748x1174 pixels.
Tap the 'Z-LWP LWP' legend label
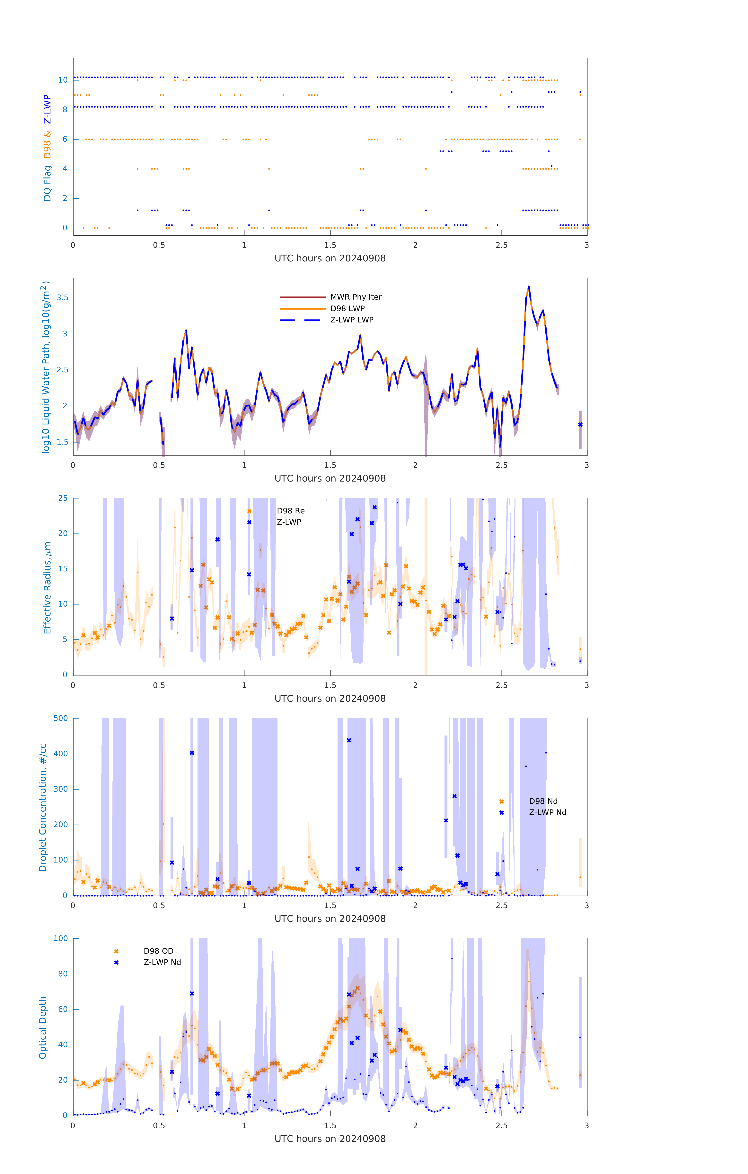(x=352, y=320)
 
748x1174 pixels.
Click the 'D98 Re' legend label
(x=290, y=511)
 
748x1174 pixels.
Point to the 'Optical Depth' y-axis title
(x=43, y=1027)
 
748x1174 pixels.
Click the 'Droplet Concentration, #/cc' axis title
(x=43, y=807)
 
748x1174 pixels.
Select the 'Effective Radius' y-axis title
(x=47, y=587)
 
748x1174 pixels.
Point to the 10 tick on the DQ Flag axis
(x=63, y=80)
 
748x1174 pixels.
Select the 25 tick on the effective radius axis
(x=63, y=498)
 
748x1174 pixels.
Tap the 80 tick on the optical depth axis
(x=63, y=974)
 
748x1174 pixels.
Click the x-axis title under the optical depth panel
(x=330, y=1139)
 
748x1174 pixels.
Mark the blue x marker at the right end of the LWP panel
(x=580, y=425)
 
